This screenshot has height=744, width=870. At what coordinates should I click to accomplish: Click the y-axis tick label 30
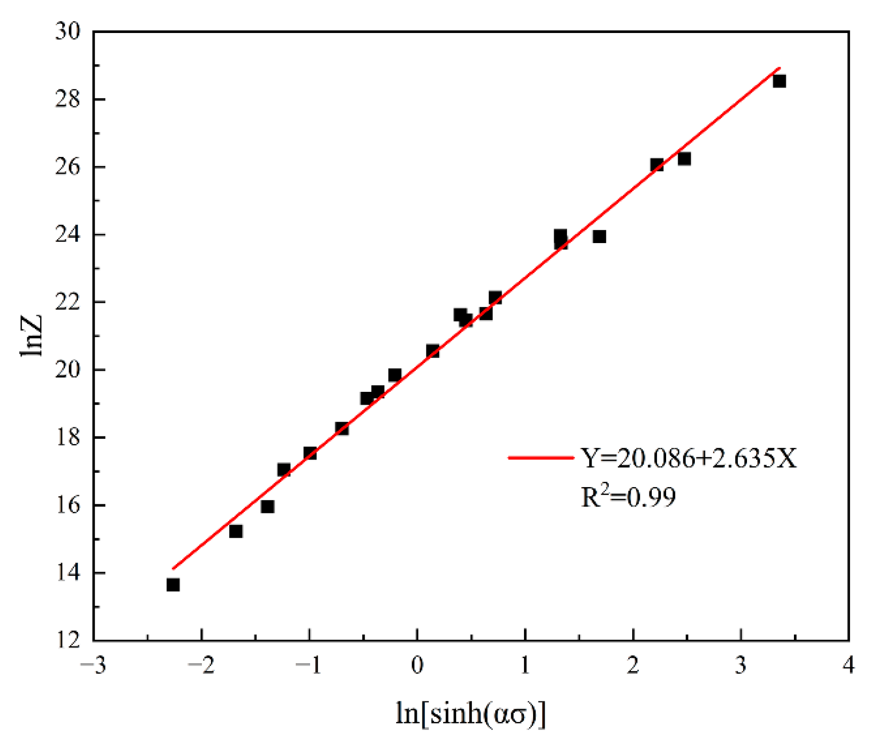point(67,32)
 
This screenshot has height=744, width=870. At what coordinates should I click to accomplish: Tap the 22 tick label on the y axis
point(67,302)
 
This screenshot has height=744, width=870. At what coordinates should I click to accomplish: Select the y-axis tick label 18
point(67,437)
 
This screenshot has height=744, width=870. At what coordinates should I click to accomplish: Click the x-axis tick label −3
point(93,665)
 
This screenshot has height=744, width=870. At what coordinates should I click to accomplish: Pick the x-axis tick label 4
point(848,665)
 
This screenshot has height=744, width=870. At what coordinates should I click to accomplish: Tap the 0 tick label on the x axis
point(417,665)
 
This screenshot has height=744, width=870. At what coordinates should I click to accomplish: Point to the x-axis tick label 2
point(633,665)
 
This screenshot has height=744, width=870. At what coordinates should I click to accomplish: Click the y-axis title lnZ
point(32,336)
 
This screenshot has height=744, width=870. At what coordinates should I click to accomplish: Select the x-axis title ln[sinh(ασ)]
point(470,713)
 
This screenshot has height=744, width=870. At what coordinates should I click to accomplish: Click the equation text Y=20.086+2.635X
point(689,458)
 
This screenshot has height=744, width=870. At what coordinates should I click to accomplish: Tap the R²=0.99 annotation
point(628,497)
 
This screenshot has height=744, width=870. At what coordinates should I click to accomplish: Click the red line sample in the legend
point(541,458)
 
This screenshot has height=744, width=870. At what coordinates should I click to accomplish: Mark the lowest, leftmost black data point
point(173,585)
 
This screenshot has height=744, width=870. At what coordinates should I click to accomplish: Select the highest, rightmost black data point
point(779,81)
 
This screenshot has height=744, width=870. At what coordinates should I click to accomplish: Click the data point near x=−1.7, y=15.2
point(235,531)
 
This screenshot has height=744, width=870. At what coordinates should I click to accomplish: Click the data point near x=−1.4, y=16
point(268,506)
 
